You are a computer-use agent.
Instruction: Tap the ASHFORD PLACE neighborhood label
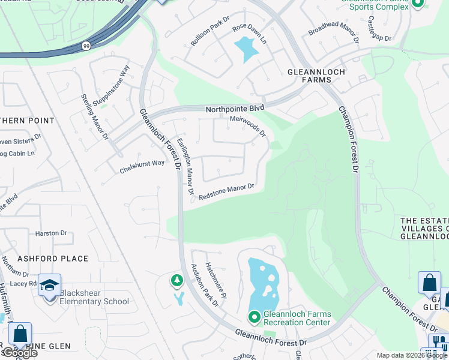(x=53, y=259)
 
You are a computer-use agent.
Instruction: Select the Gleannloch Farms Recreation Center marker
(x=254, y=316)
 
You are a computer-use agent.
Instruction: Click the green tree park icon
(x=176, y=280)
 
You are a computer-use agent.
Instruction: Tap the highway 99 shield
(x=86, y=46)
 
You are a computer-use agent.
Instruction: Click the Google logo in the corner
(x=19, y=353)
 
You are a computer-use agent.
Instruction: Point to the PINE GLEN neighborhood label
(x=51, y=346)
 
